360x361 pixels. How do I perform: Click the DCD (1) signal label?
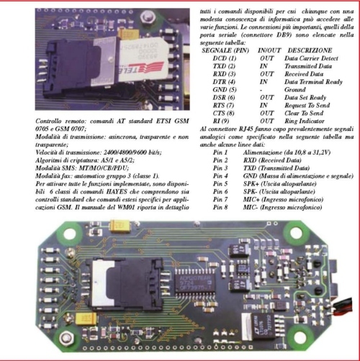coord(225,58)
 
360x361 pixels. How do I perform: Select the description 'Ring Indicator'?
coord(305,121)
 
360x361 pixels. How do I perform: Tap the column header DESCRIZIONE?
coord(310,50)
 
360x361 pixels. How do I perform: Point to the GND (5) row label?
coord(225,90)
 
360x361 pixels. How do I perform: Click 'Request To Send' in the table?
coord(307,105)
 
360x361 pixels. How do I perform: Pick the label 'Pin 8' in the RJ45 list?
coord(220,207)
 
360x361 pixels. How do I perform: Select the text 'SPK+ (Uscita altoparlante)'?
coord(279,183)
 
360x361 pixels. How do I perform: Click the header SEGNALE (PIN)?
coord(225,50)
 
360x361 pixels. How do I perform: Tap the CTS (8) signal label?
coord(223,113)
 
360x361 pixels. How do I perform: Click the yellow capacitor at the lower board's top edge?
coord(120,226)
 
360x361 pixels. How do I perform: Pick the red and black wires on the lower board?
coord(341,306)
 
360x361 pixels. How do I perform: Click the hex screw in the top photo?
coord(147,17)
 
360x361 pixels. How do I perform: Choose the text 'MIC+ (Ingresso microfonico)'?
coord(283,199)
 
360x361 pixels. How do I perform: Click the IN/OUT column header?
coord(269,50)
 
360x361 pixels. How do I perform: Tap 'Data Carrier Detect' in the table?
coord(311,58)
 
